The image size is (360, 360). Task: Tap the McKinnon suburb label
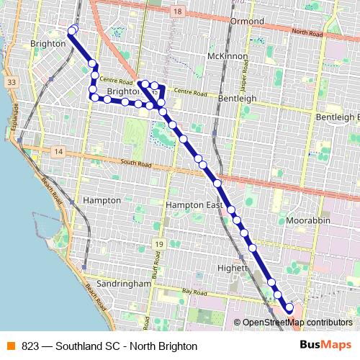[x=227, y=56]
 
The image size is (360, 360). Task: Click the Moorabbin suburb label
[x=307, y=219]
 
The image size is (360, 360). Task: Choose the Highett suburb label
[x=232, y=268]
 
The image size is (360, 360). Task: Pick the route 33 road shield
[x=11, y=83]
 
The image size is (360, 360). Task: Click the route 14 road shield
[x=58, y=151]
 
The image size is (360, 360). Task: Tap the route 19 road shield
[x=158, y=245]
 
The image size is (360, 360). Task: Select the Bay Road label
[x=194, y=292]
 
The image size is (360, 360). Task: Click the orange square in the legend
[x=9, y=346]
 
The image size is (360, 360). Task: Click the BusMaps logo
[x=325, y=346]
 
